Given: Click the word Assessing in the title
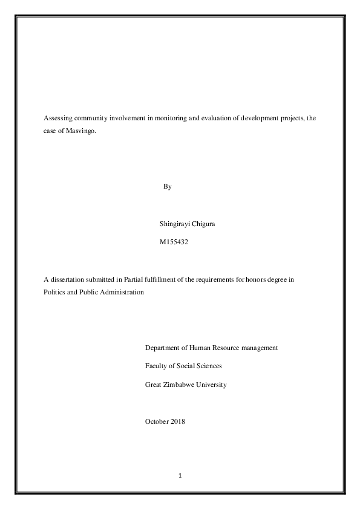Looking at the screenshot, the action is (x=57, y=118).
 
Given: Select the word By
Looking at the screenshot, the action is (x=168, y=187).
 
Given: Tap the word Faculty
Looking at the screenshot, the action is (x=157, y=366).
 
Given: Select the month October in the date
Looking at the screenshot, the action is (x=157, y=421).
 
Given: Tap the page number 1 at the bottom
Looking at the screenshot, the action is (x=180, y=476).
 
